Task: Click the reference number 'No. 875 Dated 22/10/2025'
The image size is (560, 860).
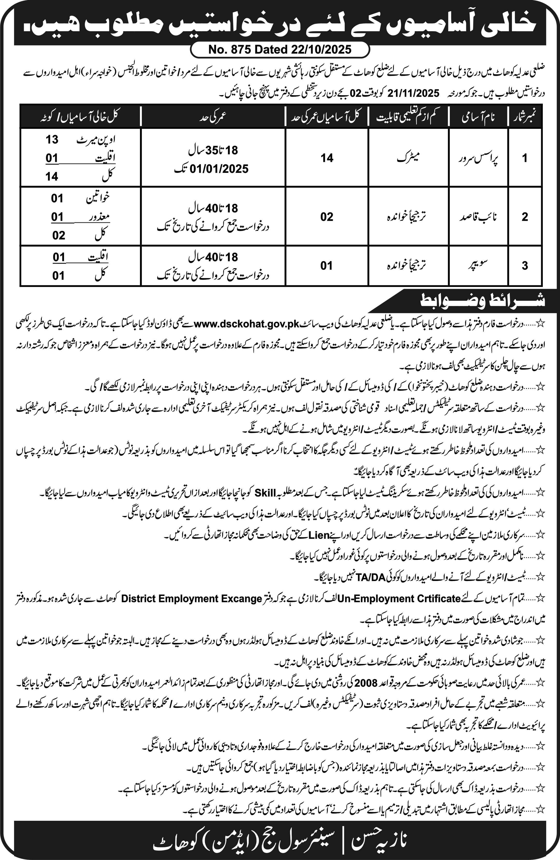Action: tap(280, 50)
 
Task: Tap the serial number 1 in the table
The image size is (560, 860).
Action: tap(525, 158)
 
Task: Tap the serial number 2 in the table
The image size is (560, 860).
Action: tap(525, 217)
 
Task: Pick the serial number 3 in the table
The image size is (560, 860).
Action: tap(525, 265)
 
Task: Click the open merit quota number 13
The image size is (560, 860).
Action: tap(52, 140)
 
